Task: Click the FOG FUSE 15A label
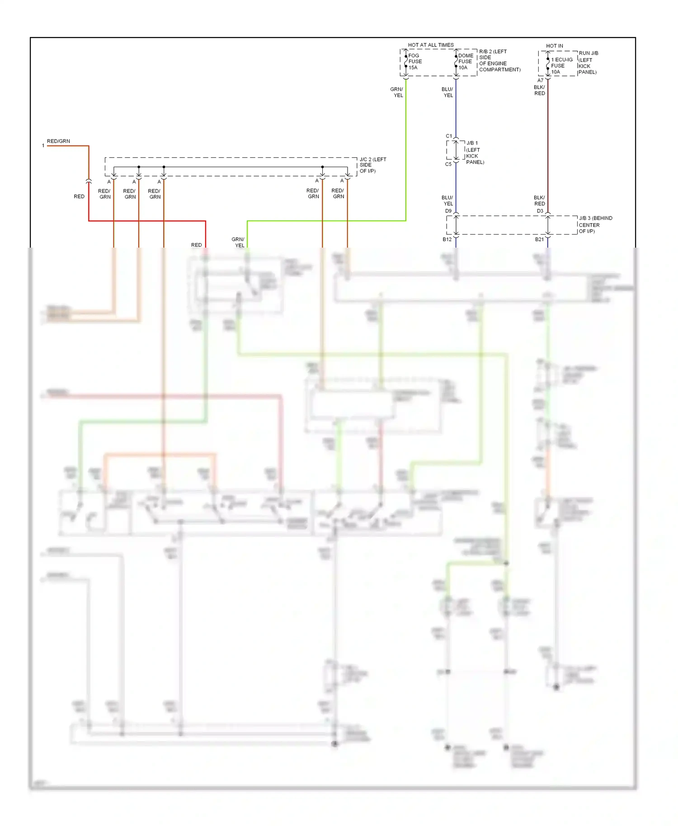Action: click(x=414, y=61)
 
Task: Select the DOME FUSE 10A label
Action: click(x=465, y=61)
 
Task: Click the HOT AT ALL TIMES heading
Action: click(x=430, y=45)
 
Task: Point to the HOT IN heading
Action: click(x=554, y=46)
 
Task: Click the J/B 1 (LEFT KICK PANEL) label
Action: click(x=474, y=152)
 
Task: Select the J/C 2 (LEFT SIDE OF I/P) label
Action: click(x=372, y=165)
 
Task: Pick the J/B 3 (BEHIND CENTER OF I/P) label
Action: click(x=595, y=225)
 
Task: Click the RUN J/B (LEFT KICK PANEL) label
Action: click(x=588, y=62)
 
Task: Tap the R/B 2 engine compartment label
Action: click(x=499, y=61)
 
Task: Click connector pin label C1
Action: click(x=448, y=136)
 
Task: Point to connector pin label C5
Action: click(x=448, y=164)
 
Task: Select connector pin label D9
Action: click(x=448, y=211)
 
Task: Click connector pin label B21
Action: click(x=539, y=239)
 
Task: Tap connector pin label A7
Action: click(x=540, y=80)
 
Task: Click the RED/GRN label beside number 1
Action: click(x=58, y=141)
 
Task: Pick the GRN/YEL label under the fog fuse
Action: click(x=397, y=92)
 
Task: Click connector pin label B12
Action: click(x=447, y=239)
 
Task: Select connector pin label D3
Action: click(x=540, y=211)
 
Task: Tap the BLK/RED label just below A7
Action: click(x=539, y=90)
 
